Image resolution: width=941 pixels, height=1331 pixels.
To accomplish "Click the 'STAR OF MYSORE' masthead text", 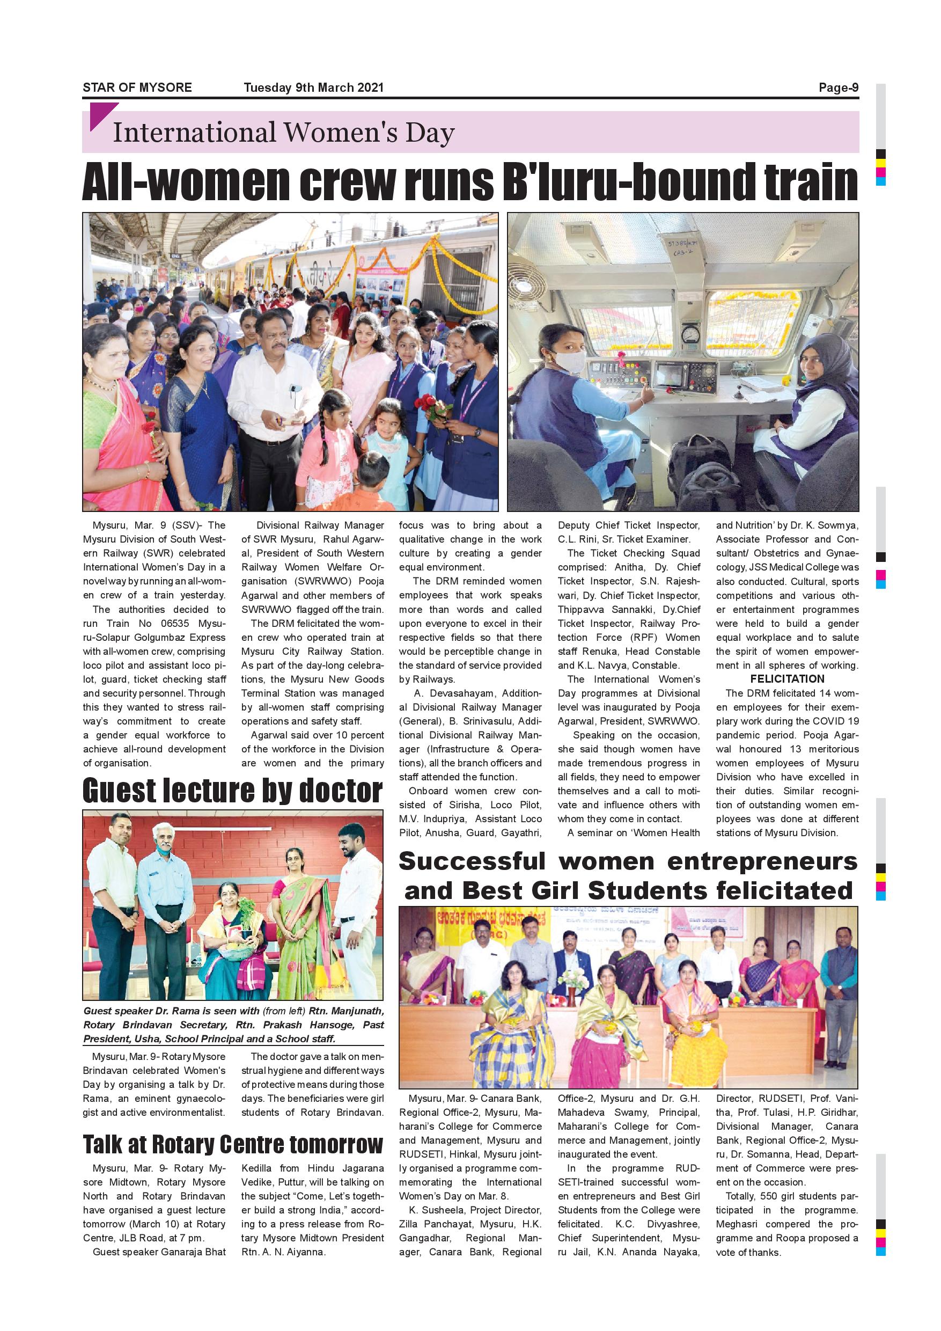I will tap(137, 87).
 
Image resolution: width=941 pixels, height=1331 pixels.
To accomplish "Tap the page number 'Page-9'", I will tap(838, 87).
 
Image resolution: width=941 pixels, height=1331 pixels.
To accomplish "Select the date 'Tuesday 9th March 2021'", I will tap(313, 87).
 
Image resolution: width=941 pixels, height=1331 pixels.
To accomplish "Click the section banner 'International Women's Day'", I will tap(283, 133).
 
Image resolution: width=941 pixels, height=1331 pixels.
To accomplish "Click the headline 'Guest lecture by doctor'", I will tap(232, 791).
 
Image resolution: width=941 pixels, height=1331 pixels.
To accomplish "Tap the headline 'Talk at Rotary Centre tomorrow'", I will tap(232, 1144).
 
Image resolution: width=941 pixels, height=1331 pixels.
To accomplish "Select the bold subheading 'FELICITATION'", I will tap(787, 679).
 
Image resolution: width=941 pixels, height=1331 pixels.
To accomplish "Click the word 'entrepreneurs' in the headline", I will tap(762, 861).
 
